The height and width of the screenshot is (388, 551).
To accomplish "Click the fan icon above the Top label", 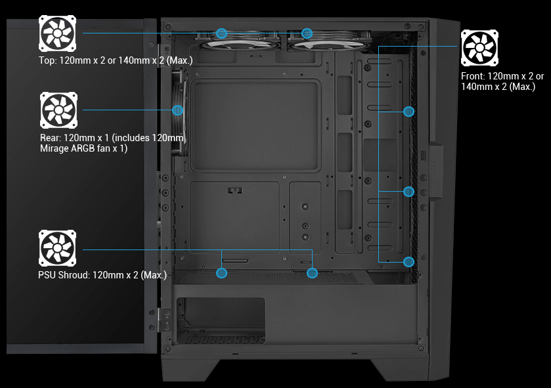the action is [x=57, y=33].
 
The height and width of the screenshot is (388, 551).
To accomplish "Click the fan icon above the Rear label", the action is [x=58, y=110].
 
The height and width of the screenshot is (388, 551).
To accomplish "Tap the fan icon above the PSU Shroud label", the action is [x=57, y=248].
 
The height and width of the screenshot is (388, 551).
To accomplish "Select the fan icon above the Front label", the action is [x=479, y=48].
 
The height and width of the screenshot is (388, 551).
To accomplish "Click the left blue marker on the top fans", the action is [x=221, y=33].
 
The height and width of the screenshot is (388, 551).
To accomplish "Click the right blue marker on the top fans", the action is [x=307, y=33].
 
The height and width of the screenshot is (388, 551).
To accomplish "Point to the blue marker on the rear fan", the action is [x=178, y=110].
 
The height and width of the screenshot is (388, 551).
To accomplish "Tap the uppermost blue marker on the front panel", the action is [x=408, y=112].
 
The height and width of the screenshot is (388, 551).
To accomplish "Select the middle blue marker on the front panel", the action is [x=408, y=191].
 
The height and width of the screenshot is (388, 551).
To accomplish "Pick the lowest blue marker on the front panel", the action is [x=408, y=262].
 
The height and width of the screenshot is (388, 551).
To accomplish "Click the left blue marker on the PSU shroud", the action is [x=221, y=273].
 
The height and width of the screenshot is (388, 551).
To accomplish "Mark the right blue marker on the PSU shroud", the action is [x=312, y=273].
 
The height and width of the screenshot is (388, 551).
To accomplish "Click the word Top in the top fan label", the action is [x=47, y=61].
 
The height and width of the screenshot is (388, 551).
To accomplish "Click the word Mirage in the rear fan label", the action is [x=54, y=148].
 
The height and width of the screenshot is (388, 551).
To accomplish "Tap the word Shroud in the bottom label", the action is [x=74, y=274].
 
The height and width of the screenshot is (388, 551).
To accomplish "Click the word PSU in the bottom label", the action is [x=47, y=274].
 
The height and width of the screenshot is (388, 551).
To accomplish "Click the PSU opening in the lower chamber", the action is [x=221, y=320].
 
